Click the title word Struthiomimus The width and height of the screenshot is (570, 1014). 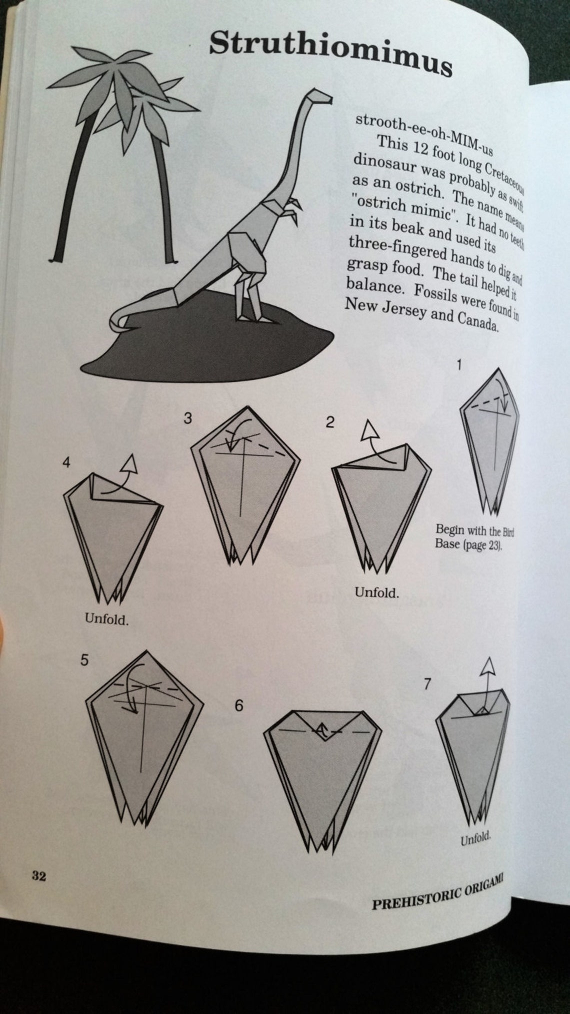[330, 50]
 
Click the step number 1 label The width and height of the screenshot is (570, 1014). [458, 365]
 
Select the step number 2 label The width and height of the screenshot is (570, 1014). [329, 422]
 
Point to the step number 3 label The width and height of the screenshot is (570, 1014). [187, 418]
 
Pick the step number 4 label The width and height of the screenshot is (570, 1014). [66, 463]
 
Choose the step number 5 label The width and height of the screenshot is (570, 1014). [84, 660]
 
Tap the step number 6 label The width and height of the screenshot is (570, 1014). [239, 706]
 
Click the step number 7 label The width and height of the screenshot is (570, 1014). [426, 684]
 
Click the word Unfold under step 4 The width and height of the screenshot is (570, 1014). [106, 620]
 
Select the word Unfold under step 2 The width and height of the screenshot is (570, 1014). [376, 593]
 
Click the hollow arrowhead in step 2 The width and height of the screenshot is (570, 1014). [370, 431]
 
